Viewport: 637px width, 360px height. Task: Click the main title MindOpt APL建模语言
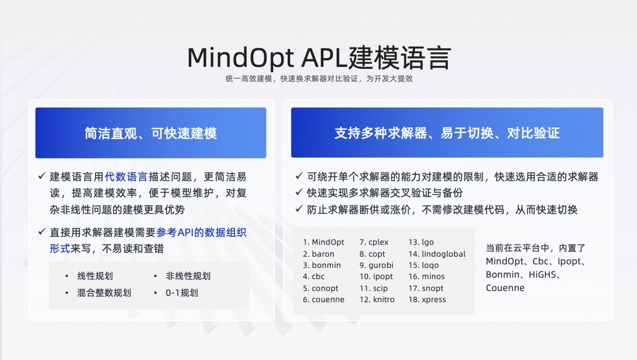[319, 58]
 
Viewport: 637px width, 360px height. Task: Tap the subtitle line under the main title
[319, 79]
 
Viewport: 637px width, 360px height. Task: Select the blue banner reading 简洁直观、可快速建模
[151, 133]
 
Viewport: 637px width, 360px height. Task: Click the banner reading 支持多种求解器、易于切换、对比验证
[447, 133]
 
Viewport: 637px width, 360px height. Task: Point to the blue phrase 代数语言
[126, 177]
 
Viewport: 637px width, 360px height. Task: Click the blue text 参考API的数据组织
[201, 232]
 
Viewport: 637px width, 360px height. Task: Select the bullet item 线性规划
[95, 276]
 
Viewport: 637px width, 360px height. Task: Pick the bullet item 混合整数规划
[104, 293]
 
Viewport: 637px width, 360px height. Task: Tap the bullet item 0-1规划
[181, 293]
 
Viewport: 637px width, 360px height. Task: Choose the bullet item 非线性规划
[188, 276]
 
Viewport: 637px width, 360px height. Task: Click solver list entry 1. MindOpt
[324, 242]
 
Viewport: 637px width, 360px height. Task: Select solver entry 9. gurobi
[376, 265]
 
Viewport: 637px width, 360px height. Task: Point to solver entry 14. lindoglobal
[437, 254]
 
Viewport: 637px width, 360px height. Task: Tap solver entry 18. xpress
[427, 300]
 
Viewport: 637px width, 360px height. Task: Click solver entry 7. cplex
[374, 242]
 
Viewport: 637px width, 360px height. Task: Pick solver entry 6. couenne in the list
[324, 300]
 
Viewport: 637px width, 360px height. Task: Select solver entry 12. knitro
[377, 300]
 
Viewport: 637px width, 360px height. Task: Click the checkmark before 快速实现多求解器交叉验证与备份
[299, 192]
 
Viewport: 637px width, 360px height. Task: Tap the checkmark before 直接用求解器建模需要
[42, 232]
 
